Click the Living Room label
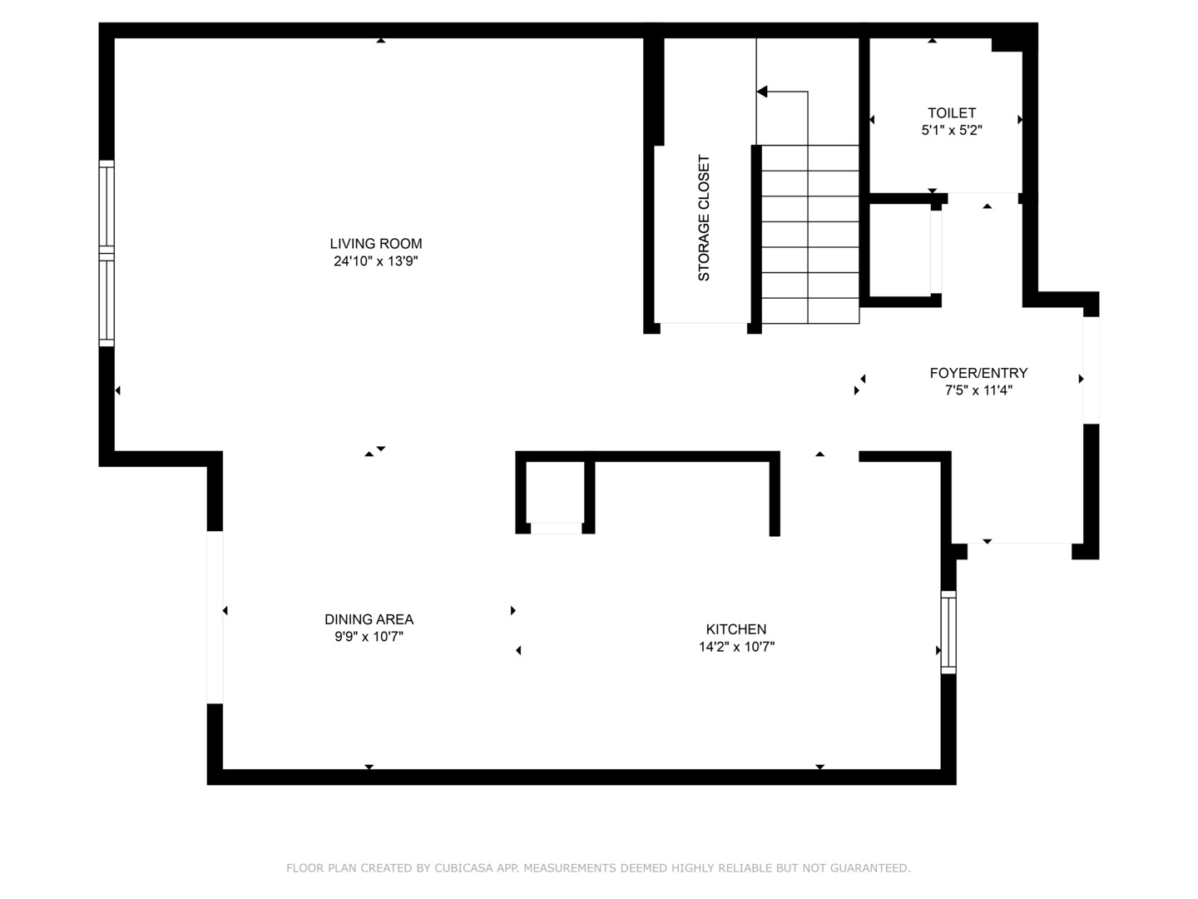[x=376, y=244]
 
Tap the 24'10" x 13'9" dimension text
[x=376, y=261]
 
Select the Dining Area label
[x=369, y=619]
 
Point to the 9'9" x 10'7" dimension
[x=369, y=637]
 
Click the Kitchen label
[x=736, y=629]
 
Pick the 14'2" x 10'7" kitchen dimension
[x=736, y=647]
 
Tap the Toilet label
[x=952, y=112]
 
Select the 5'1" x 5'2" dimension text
[x=952, y=130]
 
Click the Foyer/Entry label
[x=978, y=373]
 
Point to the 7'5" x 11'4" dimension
[x=978, y=390]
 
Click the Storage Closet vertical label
[x=704, y=218]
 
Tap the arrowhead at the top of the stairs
[x=762, y=92]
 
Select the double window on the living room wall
[x=106, y=252]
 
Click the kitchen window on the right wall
[x=948, y=632]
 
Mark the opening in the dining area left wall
[x=215, y=617]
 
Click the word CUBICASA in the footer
[x=463, y=868]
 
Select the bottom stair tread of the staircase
[x=810, y=310]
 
